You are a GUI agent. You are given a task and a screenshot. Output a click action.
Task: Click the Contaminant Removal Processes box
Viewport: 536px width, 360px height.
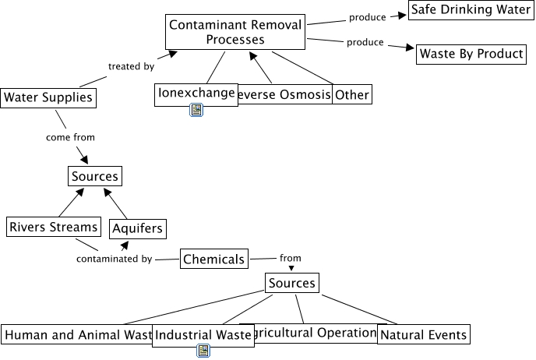(235, 33)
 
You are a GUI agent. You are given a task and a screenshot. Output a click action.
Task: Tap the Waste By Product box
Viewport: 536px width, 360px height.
(471, 55)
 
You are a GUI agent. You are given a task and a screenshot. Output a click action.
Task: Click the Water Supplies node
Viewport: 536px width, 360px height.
(48, 97)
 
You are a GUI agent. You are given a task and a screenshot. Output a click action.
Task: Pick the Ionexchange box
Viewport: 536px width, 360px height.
(196, 94)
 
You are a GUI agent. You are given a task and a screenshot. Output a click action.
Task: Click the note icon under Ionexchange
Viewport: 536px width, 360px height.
(196, 111)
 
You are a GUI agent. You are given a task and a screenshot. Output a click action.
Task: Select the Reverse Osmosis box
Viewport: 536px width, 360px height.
(284, 95)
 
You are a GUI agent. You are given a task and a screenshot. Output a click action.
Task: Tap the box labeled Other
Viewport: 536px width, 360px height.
(351, 95)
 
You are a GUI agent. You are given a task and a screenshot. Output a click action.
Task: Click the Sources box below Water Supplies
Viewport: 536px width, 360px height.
(95, 176)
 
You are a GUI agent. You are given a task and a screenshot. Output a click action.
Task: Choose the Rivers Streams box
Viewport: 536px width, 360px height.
(54, 227)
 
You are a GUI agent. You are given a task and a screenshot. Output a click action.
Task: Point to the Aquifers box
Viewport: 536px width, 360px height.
(137, 228)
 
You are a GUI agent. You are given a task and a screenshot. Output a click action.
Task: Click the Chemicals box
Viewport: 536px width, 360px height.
(213, 259)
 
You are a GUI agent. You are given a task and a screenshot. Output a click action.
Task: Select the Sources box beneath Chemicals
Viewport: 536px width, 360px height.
(291, 283)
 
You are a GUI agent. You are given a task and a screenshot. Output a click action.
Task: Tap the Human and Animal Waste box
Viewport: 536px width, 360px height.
(76, 335)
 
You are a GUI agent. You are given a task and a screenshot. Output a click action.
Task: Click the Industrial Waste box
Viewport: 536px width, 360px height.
(203, 335)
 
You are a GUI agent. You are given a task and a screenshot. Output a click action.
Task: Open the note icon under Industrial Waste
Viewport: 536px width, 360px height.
(203, 351)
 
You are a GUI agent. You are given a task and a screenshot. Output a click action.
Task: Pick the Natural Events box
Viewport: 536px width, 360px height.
(424, 335)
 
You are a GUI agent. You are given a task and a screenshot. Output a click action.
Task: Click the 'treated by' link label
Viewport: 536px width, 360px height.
(131, 66)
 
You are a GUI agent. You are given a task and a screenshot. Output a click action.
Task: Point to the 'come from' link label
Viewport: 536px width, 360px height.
(70, 137)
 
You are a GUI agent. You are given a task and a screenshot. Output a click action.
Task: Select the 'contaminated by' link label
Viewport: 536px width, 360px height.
(114, 259)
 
